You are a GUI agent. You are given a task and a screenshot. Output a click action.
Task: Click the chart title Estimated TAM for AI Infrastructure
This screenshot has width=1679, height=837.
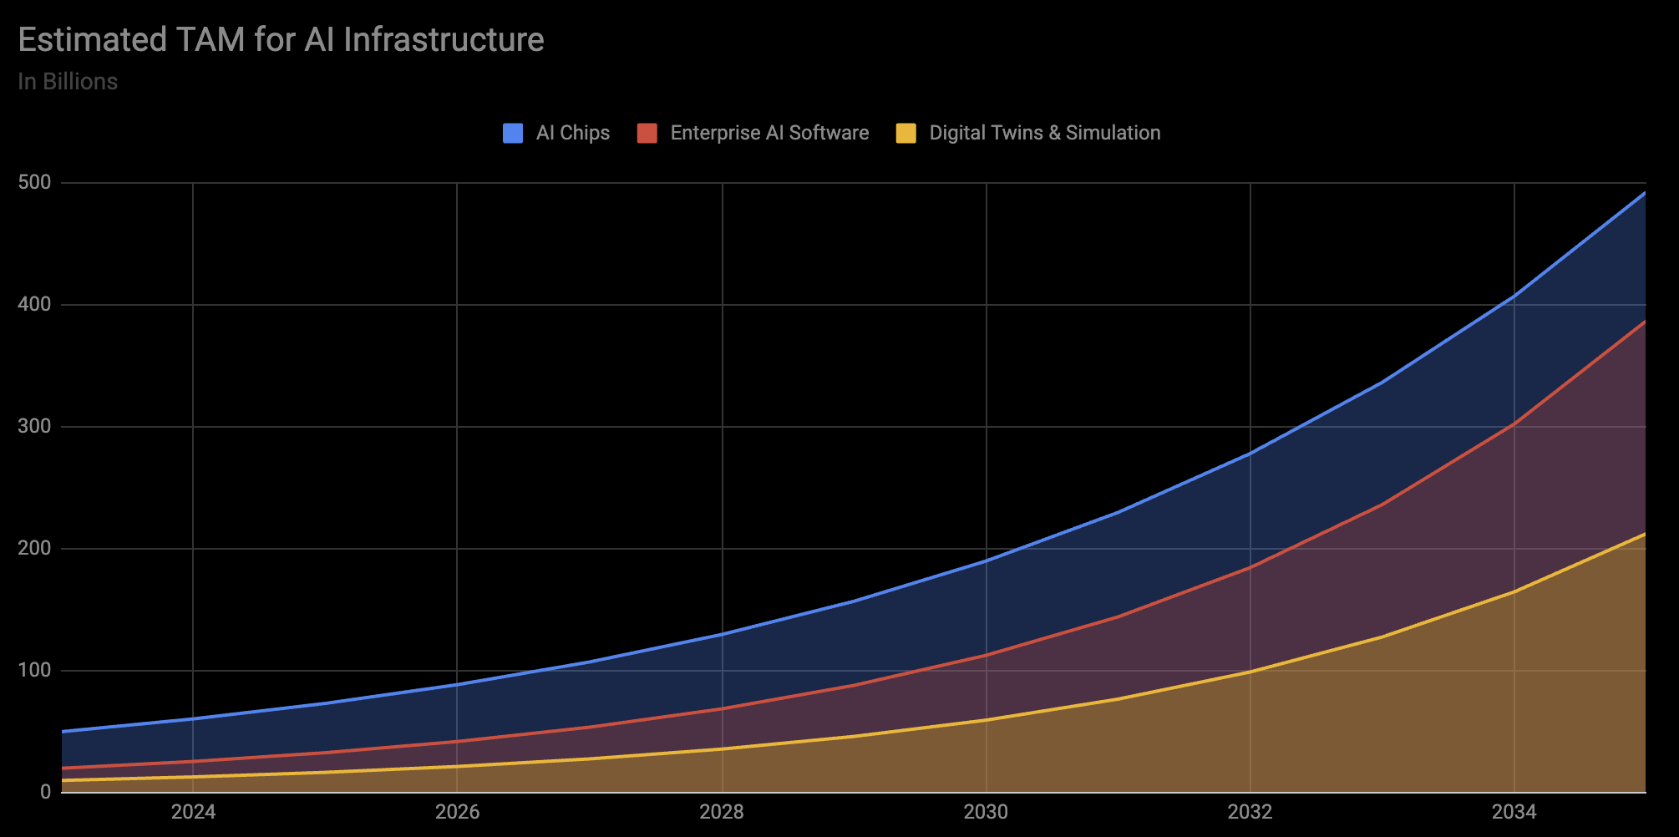pyautogui.click(x=281, y=40)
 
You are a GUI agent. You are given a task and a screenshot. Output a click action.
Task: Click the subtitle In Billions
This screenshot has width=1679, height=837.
pyautogui.click(x=68, y=82)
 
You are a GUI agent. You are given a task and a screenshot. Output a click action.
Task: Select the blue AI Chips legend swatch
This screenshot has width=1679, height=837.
pyautogui.click(x=512, y=133)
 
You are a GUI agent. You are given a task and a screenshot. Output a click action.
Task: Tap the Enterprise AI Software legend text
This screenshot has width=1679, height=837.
pyautogui.click(x=769, y=133)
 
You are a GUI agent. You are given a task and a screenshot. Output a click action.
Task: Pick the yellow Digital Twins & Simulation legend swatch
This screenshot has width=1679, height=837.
pyautogui.click(x=905, y=133)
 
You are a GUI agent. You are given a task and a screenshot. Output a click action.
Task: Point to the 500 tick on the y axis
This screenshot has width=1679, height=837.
pyautogui.click(x=34, y=182)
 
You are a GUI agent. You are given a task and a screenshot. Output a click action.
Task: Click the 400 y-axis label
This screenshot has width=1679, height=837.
pyautogui.click(x=34, y=304)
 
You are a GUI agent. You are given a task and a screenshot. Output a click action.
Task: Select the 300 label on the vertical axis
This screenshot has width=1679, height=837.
pyautogui.click(x=34, y=426)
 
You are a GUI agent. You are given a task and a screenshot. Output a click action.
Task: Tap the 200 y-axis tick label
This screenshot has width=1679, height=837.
pyautogui.click(x=34, y=548)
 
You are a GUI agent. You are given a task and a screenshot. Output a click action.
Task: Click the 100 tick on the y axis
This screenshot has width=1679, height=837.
pyautogui.click(x=34, y=670)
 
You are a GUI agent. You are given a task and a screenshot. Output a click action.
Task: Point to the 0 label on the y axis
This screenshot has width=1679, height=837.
pyautogui.click(x=45, y=792)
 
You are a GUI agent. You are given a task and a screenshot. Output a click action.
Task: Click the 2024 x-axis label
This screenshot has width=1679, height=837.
pyautogui.click(x=193, y=812)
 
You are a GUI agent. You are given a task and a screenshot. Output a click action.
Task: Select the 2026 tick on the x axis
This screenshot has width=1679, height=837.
pyautogui.click(x=457, y=812)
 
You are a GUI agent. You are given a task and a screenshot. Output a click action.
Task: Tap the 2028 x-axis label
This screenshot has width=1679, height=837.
pyautogui.click(x=722, y=812)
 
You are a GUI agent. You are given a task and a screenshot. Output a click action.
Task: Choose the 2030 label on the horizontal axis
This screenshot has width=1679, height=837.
pyautogui.click(x=986, y=812)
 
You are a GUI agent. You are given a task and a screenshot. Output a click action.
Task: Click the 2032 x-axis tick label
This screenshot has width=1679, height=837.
pyautogui.click(x=1250, y=812)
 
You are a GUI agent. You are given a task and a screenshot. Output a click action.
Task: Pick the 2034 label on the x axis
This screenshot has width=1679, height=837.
pyautogui.click(x=1514, y=812)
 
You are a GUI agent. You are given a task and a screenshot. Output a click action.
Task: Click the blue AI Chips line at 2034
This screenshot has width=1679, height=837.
pyautogui.click(x=1514, y=296)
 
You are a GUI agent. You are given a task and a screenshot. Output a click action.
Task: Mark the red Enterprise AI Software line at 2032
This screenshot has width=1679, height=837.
pyautogui.click(x=1250, y=568)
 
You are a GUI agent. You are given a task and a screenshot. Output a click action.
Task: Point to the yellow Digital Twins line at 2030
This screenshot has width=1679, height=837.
pyautogui.click(x=986, y=720)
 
